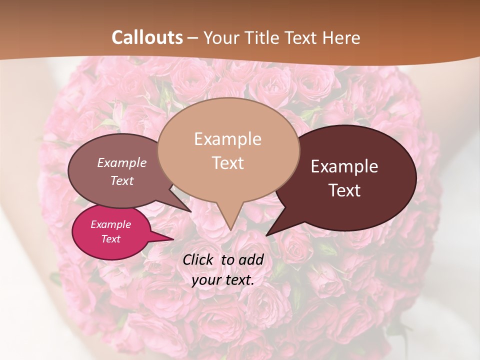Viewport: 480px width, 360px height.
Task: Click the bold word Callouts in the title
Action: point(147,37)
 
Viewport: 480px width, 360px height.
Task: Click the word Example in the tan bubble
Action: point(227,139)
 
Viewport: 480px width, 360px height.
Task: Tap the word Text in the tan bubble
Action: point(227,163)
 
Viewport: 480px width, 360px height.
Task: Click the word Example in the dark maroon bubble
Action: point(344,166)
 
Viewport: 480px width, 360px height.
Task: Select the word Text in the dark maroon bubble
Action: point(344,190)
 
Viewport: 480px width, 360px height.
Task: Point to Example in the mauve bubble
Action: point(122,162)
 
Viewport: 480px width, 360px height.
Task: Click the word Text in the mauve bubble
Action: point(122,180)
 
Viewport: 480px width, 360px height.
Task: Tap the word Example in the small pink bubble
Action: point(110,224)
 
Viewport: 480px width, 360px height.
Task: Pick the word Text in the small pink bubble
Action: point(110,239)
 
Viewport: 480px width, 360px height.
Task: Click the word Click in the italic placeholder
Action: point(198,259)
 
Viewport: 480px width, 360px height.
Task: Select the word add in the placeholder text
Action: point(250,259)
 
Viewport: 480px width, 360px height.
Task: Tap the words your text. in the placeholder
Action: point(222,280)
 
